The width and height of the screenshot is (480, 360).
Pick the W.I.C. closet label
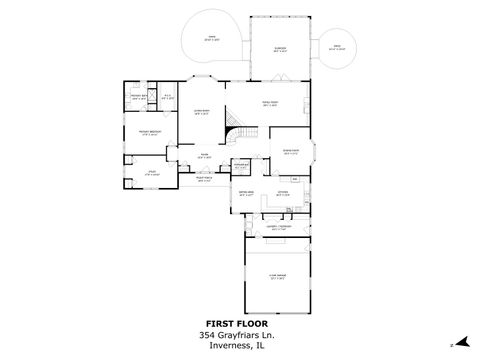(168, 97)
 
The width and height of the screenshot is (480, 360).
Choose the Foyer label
(203, 155)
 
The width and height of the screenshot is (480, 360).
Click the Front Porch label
(203, 179)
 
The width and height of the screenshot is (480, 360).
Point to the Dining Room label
(291, 151)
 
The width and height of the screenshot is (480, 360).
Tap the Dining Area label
(245, 192)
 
